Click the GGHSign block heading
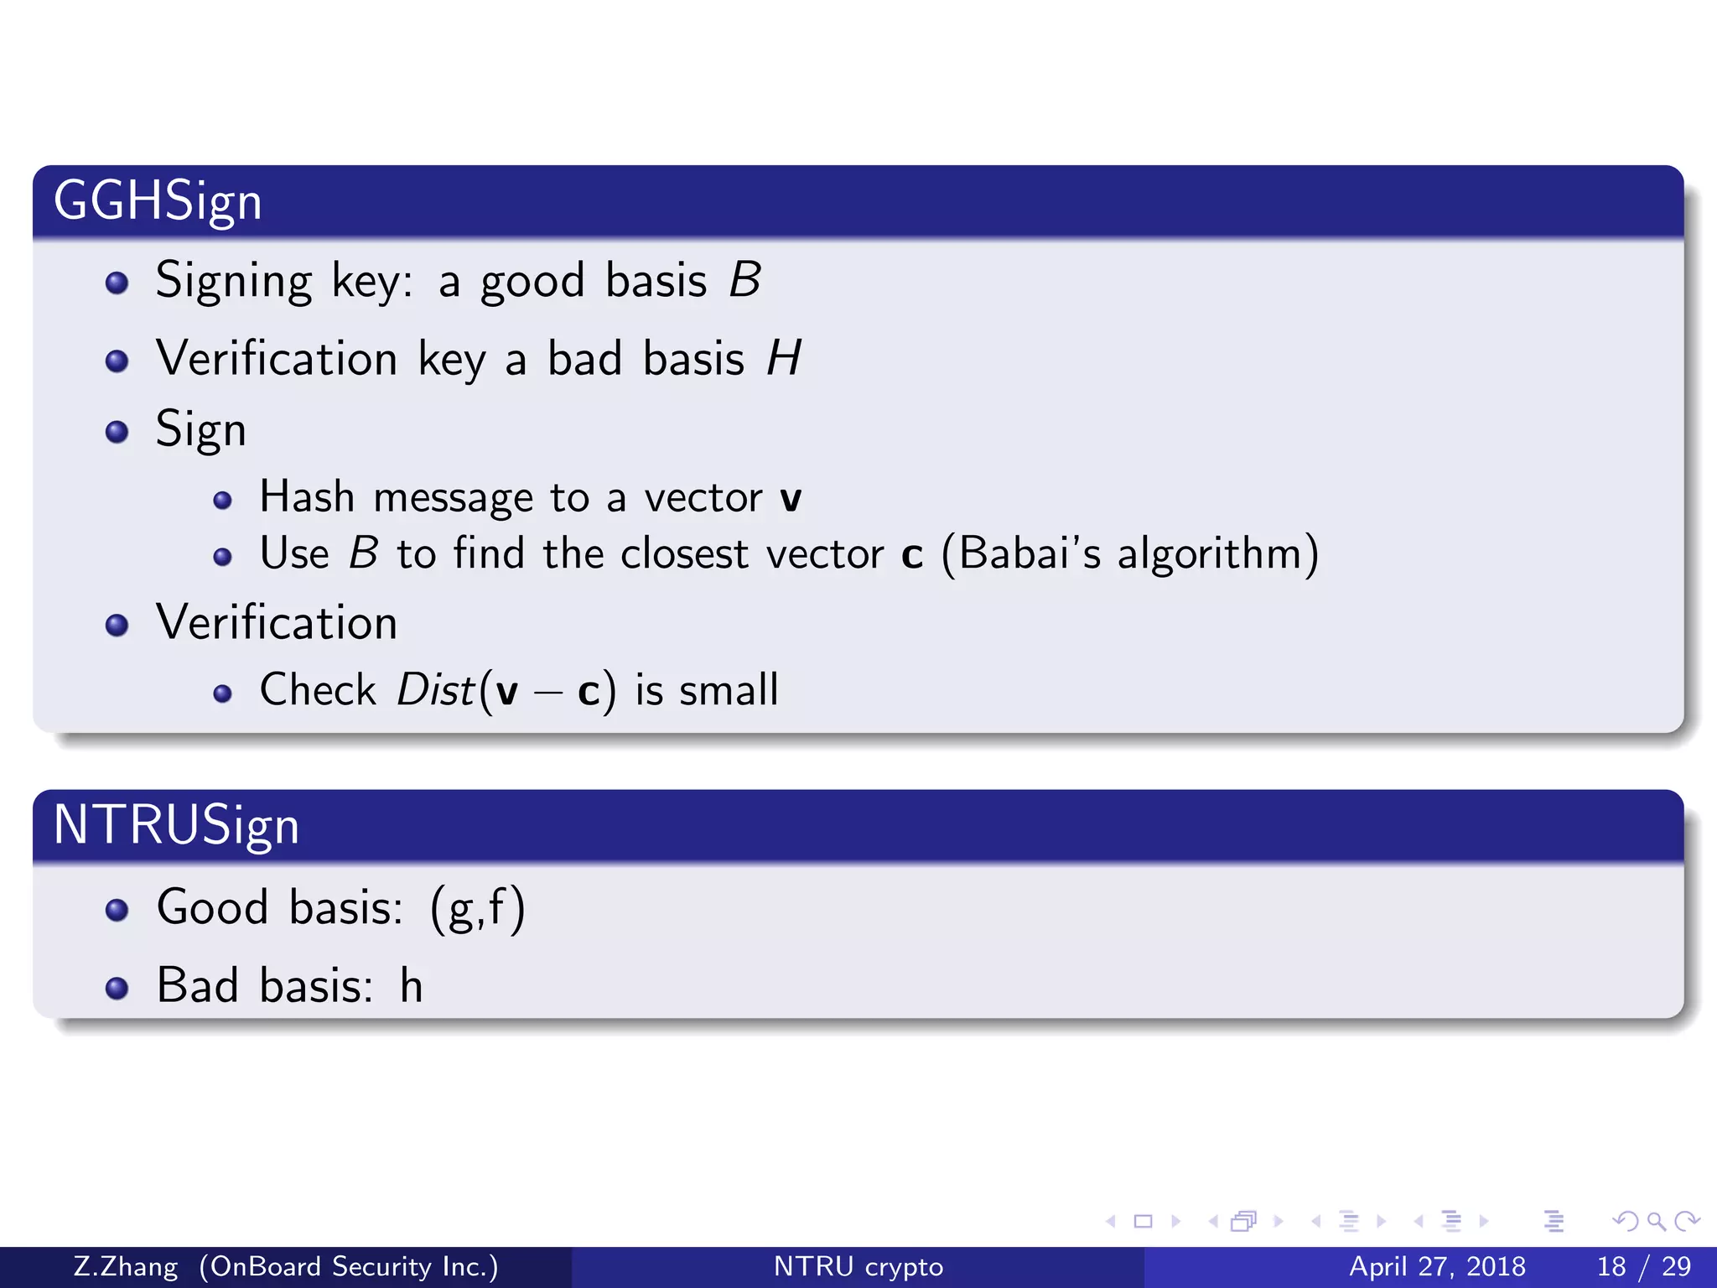[x=158, y=201]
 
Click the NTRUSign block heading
[x=176, y=825]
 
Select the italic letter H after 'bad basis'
[x=784, y=359]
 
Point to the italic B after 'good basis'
[x=744, y=280]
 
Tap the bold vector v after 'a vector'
[x=790, y=499]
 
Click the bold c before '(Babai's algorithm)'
[x=912, y=555]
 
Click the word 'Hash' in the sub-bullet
[x=307, y=496]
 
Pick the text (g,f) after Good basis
[x=478, y=907]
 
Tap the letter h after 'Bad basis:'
[x=411, y=985]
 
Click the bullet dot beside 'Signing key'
[x=117, y=283]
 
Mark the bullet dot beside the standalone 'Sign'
[x=117, y=432]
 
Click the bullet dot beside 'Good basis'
[x=117, y=910]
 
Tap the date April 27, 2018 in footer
[x=1437, y=1266]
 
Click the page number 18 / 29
[x=1644, y=1266]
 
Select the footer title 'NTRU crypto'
[x=858, y=1266]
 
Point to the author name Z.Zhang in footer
[x=126, y=1266]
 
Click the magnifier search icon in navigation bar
[x=1656, y=1221]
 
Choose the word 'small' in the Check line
[x=729, y=690]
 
